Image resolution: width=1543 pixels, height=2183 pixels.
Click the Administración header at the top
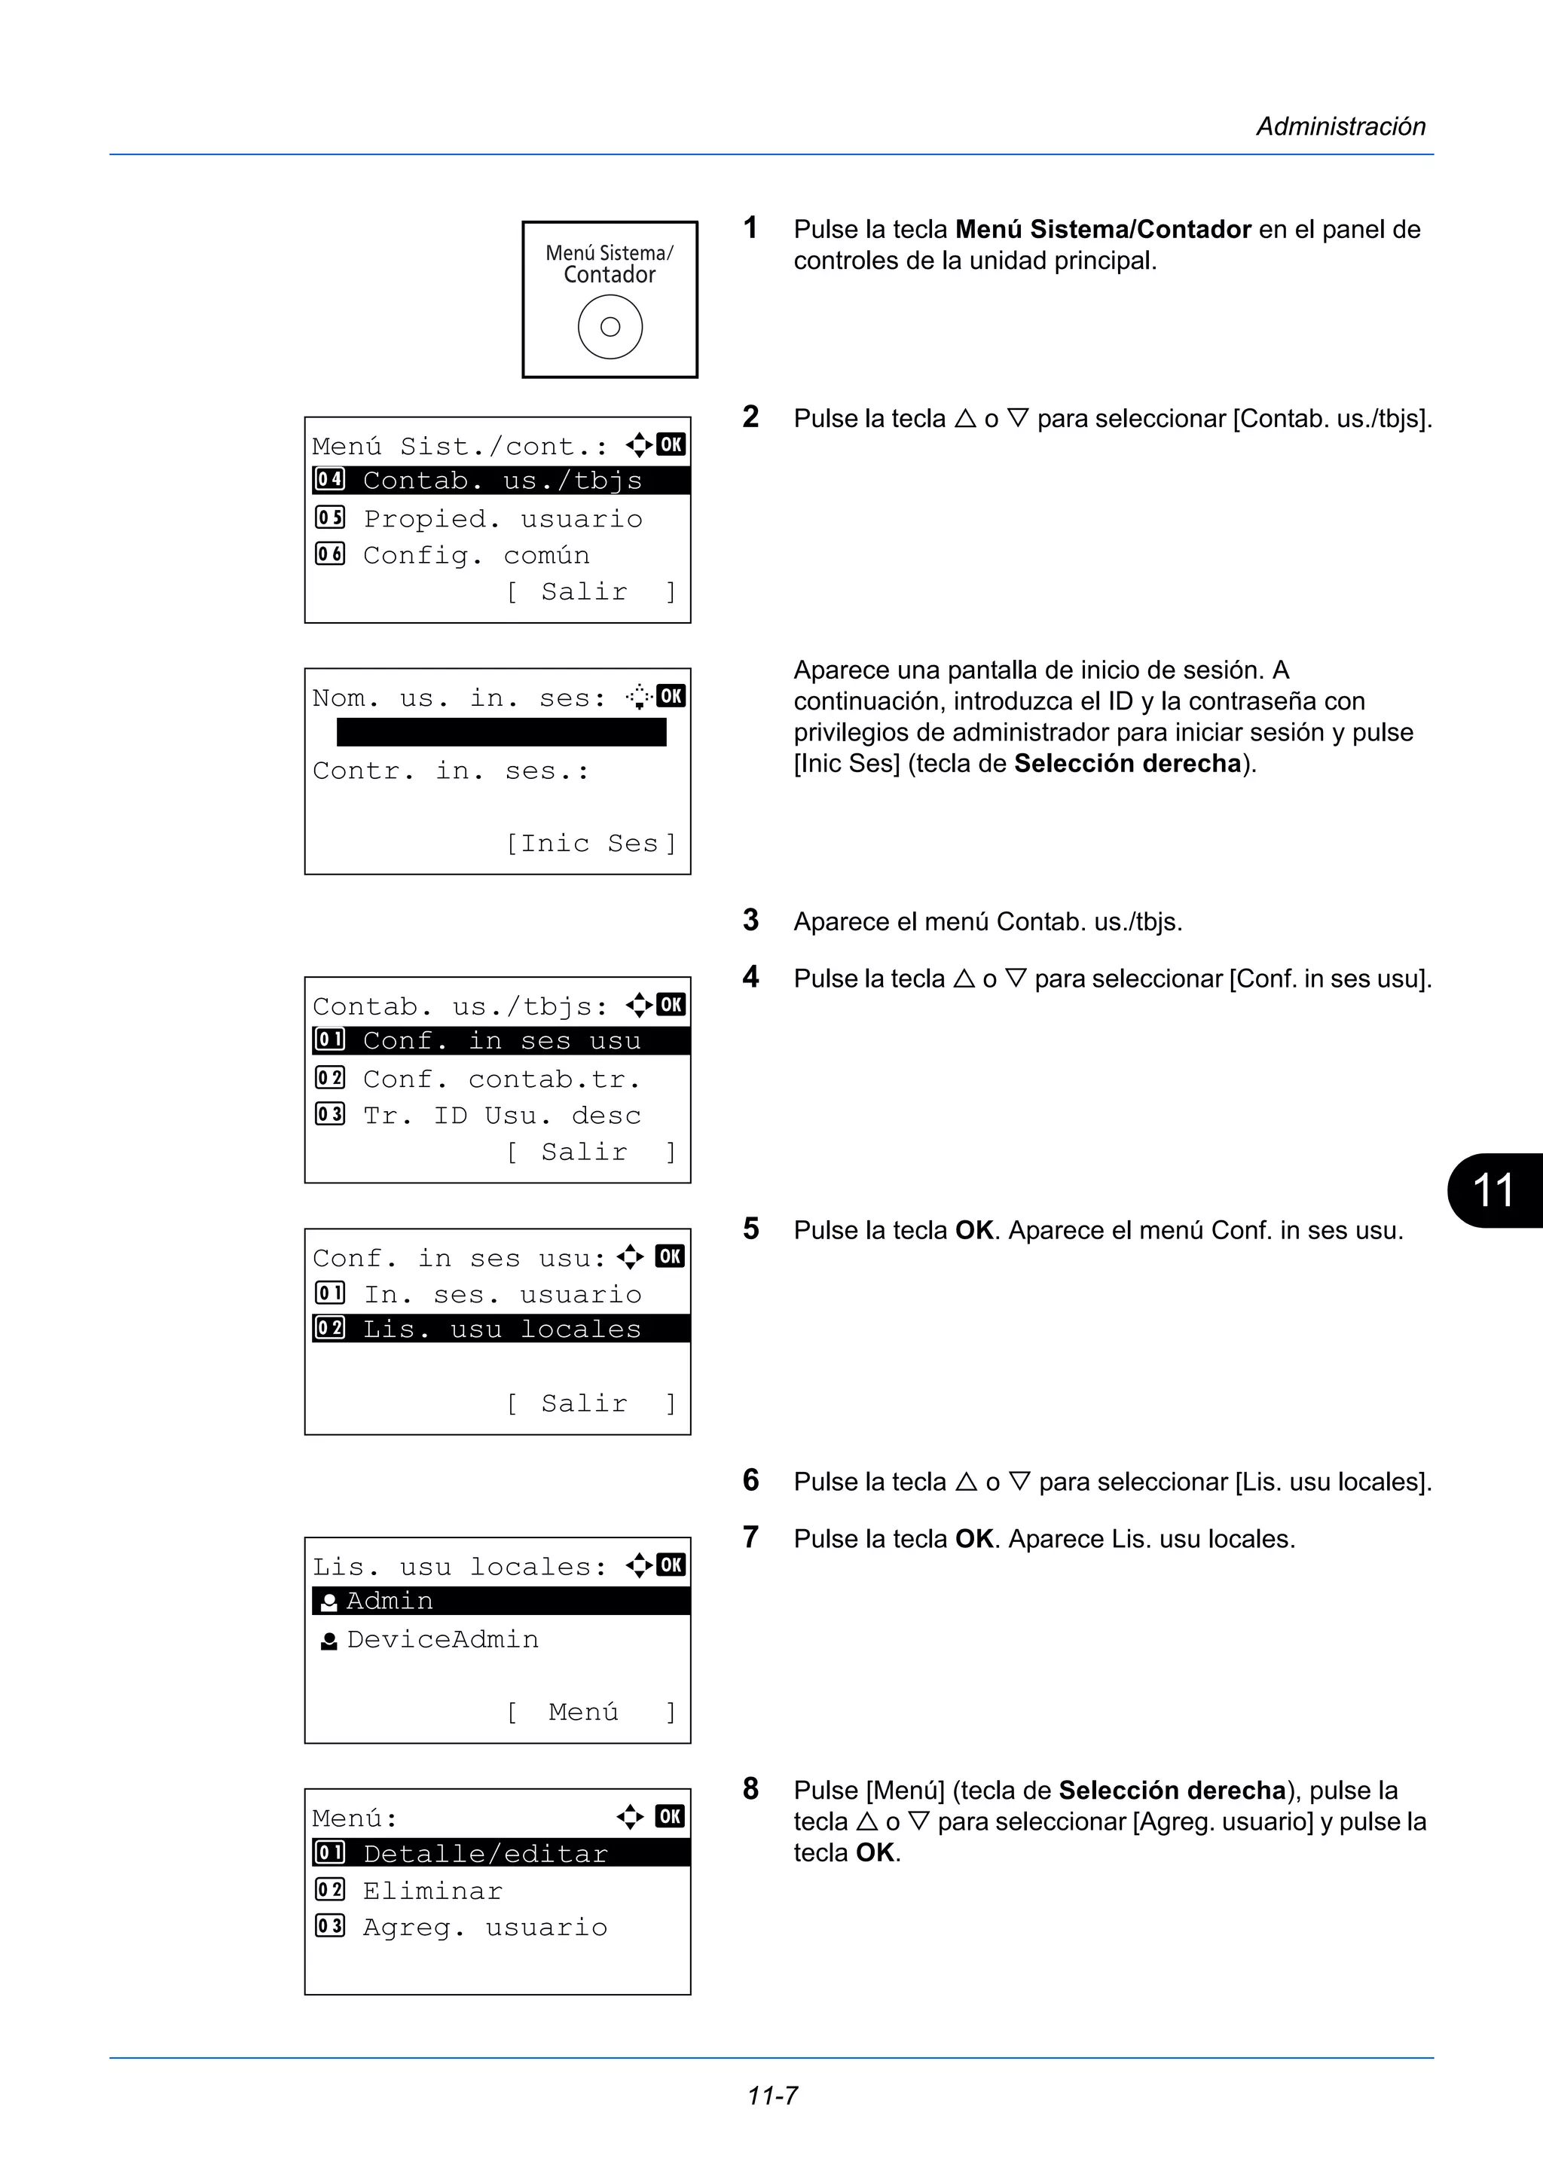tap(1340, 127)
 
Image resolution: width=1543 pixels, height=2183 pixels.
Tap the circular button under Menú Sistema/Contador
tap(610, 327)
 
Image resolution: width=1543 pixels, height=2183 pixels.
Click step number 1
tap(750, 228)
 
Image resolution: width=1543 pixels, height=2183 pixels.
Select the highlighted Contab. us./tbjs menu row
tap(500, 480)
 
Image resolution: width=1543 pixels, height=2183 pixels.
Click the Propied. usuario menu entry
tap(502, 518)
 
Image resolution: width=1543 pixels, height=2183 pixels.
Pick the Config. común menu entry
tap(475, 555)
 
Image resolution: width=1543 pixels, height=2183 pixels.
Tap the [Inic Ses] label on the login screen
tap(591, 844)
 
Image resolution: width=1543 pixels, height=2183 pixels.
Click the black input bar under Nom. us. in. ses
tap(501, 732)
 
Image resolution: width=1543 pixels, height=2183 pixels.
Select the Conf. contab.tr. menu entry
tap(501, 1079)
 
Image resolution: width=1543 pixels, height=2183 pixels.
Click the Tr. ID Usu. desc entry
tap(501, 1116)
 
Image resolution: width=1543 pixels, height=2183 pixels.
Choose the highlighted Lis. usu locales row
tap(500, 1328)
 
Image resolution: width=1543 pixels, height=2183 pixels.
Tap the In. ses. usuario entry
tap(501, 1294)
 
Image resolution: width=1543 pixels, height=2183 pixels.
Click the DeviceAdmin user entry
tap(442, 1639)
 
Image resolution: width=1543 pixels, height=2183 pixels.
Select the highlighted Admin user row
tap(500, 1601)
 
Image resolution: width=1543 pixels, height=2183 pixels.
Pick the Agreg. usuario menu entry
tap(484, 1927)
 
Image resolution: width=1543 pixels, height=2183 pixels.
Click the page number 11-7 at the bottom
tap(772, 2096)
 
